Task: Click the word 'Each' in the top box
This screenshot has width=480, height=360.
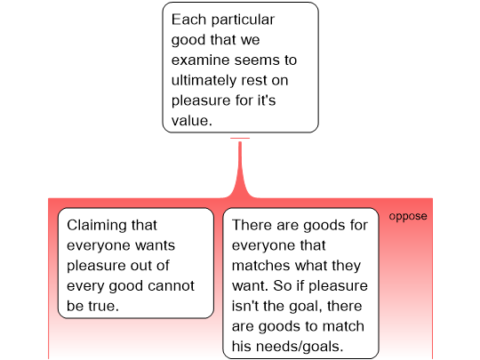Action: (188, 20)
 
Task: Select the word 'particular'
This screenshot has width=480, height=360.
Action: (243, 20)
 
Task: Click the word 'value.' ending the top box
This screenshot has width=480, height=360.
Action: (192, 121)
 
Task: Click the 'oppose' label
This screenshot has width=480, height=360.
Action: (408, 216)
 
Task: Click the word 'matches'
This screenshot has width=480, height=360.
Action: (260, 266)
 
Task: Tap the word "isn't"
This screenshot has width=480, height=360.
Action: (244, 306)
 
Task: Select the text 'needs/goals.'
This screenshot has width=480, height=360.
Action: (300, 348)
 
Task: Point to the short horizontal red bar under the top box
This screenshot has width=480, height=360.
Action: (240, 139)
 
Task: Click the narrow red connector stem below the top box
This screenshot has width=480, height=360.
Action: (240, 165)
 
